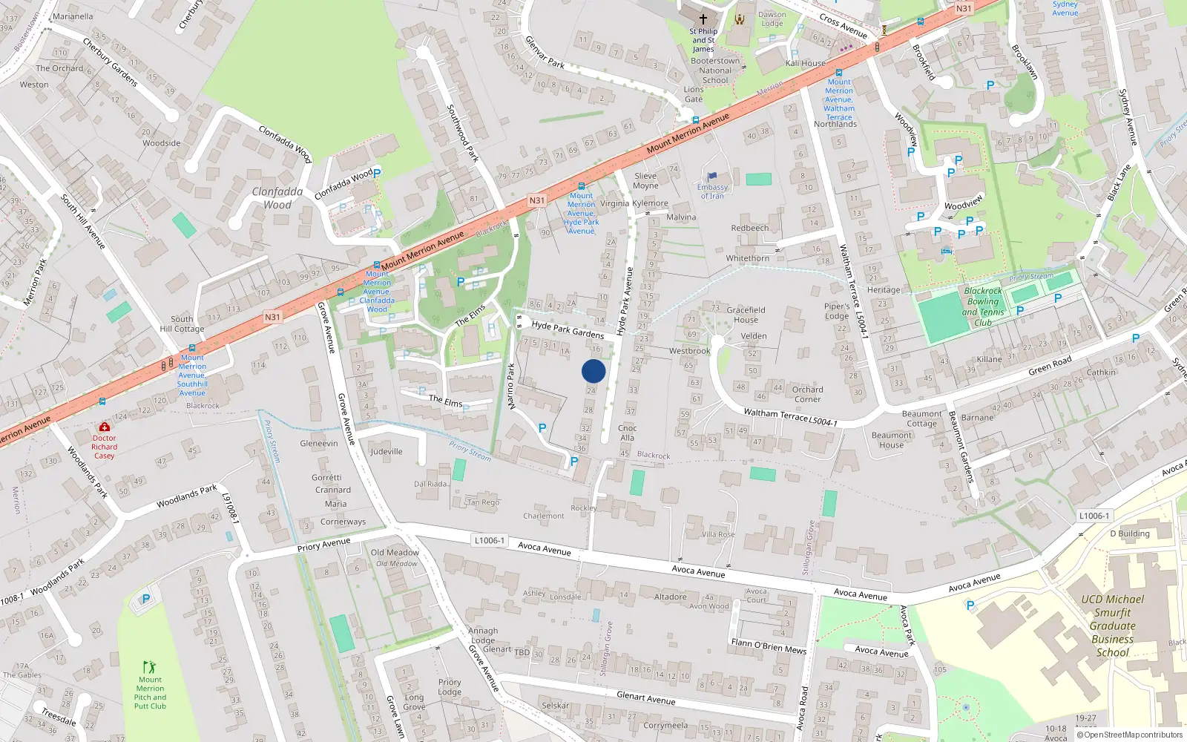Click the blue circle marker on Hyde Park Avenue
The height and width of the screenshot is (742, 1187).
593,371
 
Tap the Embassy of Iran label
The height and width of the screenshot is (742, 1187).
712,191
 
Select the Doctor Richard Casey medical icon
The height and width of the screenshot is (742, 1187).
105,427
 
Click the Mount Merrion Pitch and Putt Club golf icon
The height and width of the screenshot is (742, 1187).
150,667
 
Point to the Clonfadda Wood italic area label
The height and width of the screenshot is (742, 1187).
277,198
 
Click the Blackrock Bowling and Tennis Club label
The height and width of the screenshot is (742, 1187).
983,307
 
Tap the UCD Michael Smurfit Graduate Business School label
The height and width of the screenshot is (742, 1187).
1112,626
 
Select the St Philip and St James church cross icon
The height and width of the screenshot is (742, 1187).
703,19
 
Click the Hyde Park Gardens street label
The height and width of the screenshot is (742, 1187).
568,329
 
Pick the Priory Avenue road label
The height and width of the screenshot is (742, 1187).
323,545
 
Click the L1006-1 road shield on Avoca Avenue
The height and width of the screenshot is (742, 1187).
489,540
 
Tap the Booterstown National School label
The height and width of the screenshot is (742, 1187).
715,70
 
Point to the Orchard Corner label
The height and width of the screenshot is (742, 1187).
807,394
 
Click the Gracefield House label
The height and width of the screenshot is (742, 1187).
746,315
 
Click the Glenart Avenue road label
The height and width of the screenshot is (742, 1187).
645,697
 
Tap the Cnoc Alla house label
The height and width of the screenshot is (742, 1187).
628,433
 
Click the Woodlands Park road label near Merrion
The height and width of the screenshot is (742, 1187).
186,496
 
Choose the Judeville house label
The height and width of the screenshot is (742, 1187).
387,451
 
